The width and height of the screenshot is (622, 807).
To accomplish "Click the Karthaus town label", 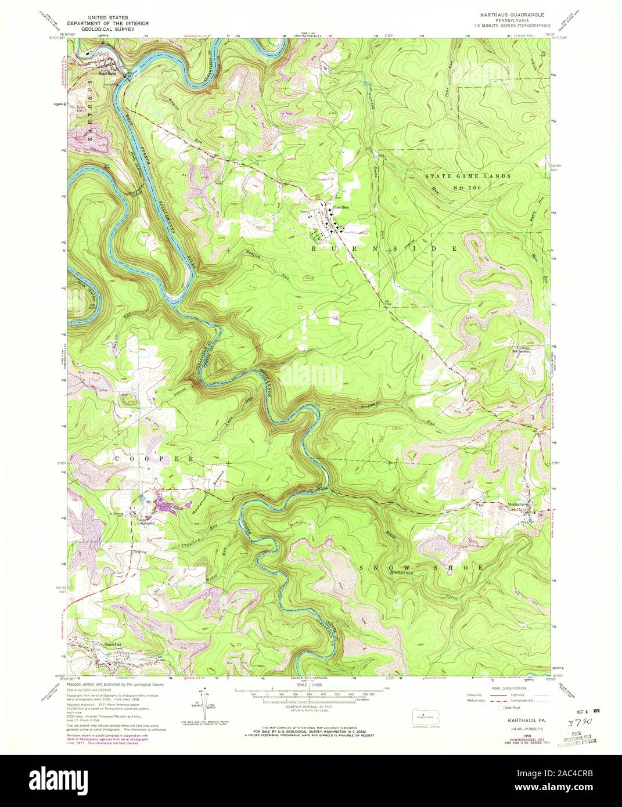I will pos(108,74).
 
